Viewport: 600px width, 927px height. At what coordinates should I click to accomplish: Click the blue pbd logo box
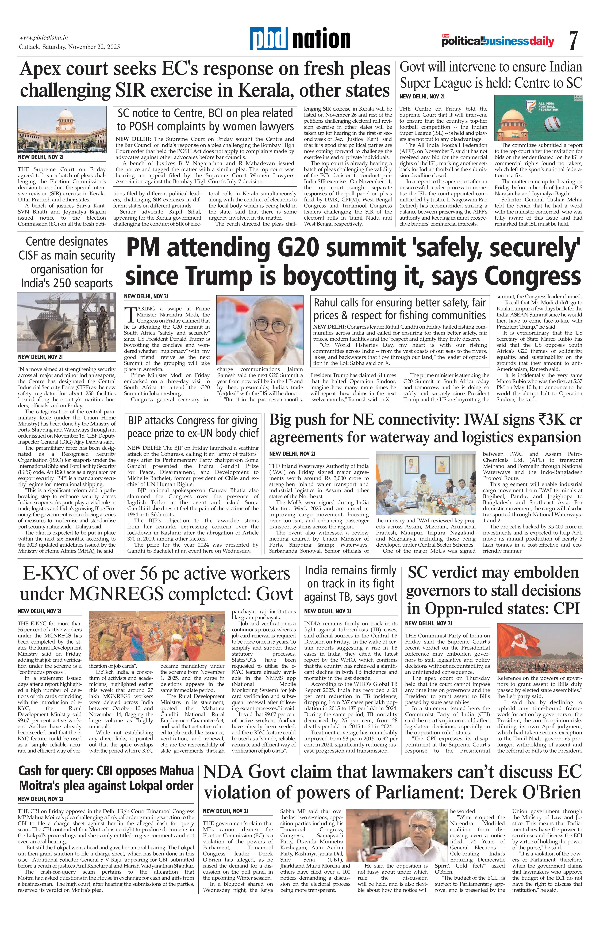[269, 39]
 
